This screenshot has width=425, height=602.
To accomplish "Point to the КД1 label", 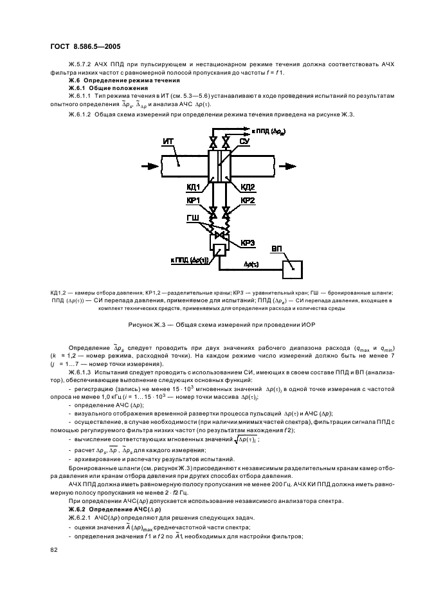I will tap(195, 187).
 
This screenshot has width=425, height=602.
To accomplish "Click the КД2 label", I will tap(248, 187).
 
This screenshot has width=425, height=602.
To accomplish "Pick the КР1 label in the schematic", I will tap(195, 200).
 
